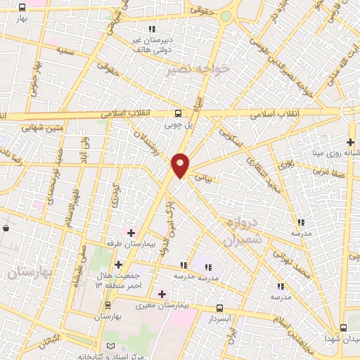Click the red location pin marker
[x=181, y=165]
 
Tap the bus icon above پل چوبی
[x=179, y=113]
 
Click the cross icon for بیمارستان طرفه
[x=130, y=232]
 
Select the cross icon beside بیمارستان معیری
[x=162, y=294]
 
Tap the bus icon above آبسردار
[x=219, y=308]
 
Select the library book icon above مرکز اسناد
[x=108, y=347]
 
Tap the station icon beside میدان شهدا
[x=343, y=328]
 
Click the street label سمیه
[x=67, y=51]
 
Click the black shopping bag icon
[x=6, y=229]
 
